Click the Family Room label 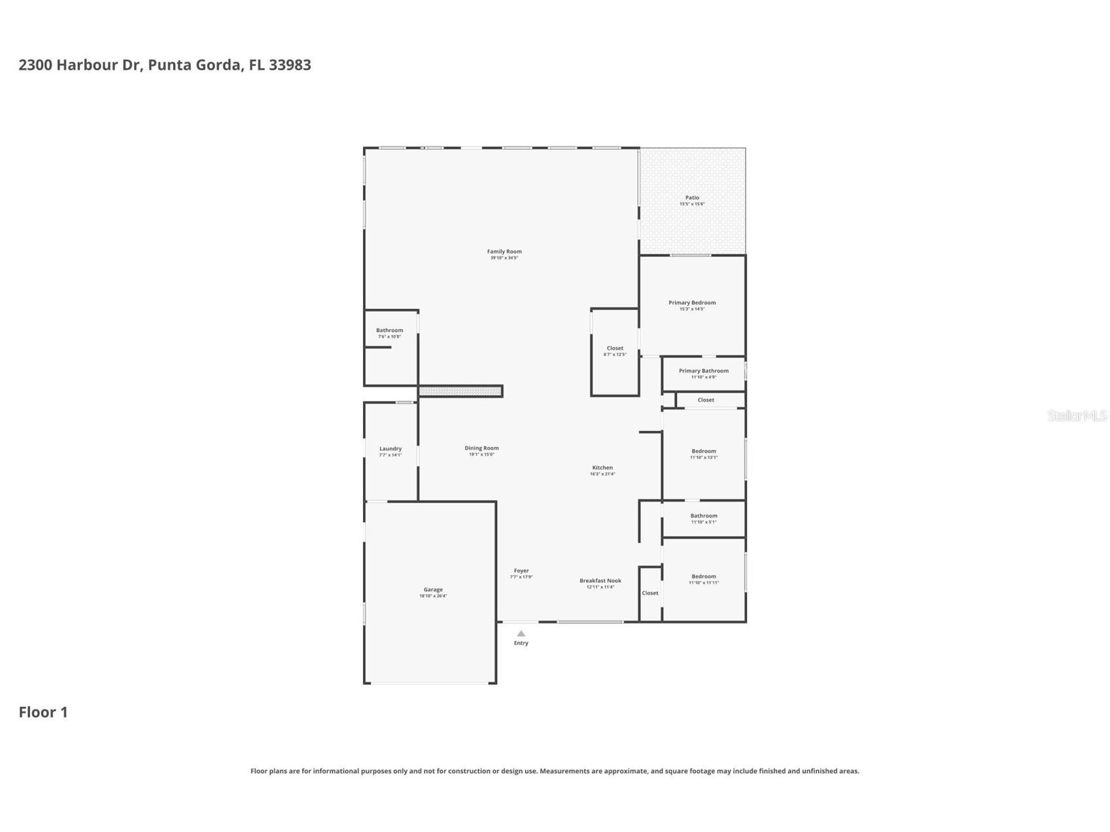(504, 252)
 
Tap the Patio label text (692, 198)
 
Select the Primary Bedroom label (691, 303)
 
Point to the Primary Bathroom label (703, 371)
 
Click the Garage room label (433, 590)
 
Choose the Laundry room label (390, 449)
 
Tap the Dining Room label (481, 448)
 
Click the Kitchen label (602, 468)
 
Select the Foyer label (521, 571)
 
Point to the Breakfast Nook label (600, 581)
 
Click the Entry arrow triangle (521, 633)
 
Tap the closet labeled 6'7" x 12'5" (615, 351)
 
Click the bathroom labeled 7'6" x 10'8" (389, 333)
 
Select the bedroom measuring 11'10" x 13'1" (703, 453)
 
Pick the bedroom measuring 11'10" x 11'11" (703, 579)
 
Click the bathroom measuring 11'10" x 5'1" (703, 518)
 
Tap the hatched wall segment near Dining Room (460, 391)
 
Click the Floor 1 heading (43, 712)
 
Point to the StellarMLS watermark (1077, 415)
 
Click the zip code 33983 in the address (290, 65)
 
